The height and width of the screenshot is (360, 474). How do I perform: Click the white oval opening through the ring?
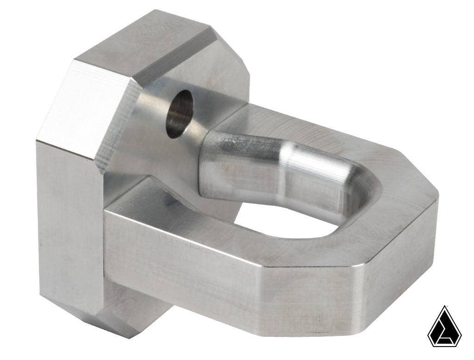click(278, 218)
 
